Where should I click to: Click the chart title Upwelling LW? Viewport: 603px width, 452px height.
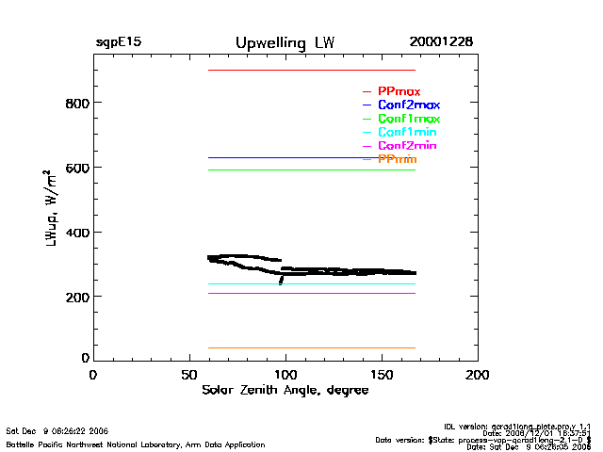284,43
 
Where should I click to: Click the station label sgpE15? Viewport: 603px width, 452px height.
119,43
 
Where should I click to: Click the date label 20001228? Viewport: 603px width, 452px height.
441,43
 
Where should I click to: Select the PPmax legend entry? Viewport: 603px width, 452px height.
399,91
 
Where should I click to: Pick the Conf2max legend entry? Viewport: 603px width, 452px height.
408,105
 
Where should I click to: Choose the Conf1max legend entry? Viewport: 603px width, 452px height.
408,120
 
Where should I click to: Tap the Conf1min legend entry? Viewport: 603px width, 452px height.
406,133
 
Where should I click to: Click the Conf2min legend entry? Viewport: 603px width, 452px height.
406,147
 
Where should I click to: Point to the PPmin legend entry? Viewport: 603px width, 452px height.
398,160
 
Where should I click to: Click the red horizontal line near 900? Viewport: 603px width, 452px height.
311,70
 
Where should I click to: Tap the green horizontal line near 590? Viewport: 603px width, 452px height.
311,169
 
